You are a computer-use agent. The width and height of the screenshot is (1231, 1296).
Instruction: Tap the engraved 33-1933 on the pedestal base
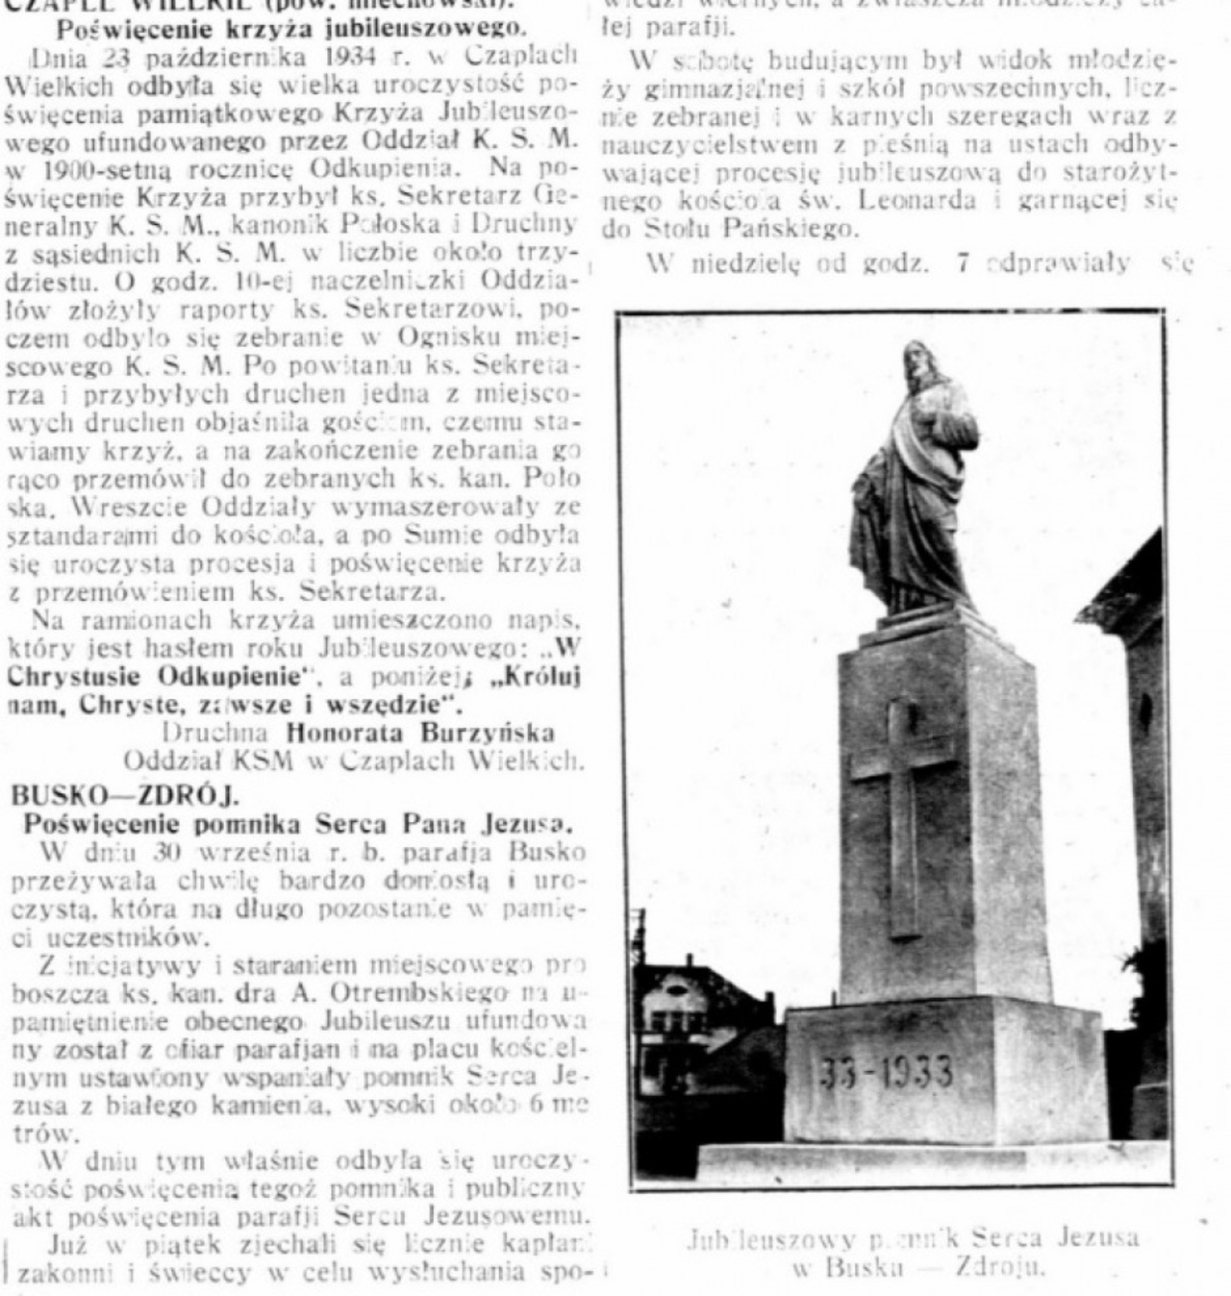click(886, 1070)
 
